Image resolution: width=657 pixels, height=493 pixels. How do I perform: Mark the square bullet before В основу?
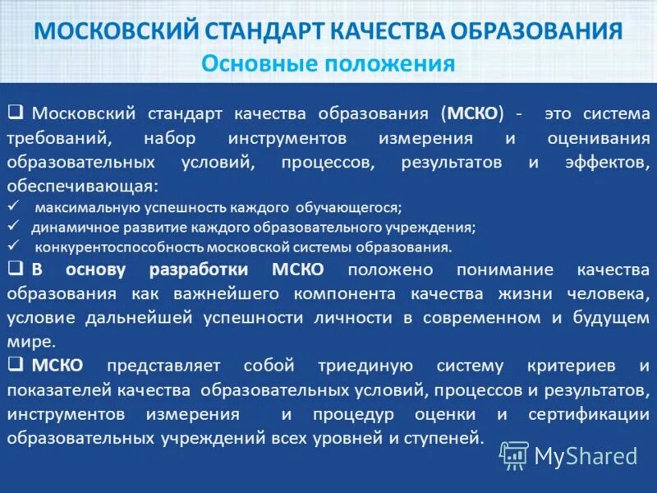click(15, 269)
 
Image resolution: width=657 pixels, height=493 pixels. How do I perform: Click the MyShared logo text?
click(586, 455)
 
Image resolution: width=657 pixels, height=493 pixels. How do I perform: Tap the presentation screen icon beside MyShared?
click(514, 454)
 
